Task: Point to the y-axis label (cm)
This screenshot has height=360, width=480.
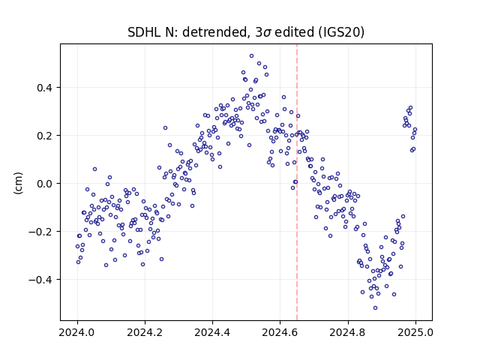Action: (x=18, y=183)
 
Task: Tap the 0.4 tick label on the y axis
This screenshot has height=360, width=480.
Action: (x=45, y=88)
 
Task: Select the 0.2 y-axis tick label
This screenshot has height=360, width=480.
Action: (x=45, y=136)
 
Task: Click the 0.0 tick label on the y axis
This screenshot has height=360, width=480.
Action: (x=45, y=184)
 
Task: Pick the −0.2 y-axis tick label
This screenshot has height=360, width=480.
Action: (x=40, y=232)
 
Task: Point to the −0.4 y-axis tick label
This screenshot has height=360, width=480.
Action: (x=40, y=280)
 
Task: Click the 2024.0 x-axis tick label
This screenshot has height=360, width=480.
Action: (x=77, y=332)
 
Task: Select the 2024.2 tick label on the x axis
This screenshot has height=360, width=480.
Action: (x=145, y=332)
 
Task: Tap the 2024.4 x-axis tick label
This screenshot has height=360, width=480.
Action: (x=212, y=332)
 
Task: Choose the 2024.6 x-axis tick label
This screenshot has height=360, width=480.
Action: (x=280, y=332)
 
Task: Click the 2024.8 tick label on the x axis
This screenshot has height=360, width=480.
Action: (x=348, y=332)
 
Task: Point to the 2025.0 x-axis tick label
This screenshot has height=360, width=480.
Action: (x=415, y=332)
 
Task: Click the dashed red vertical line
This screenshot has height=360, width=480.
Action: (x=297, y=182)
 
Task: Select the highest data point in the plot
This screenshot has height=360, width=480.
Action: (x=252, y=56)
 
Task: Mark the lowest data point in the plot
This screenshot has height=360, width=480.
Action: (x=375, y=307)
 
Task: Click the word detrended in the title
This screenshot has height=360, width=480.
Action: (x=214, y=32)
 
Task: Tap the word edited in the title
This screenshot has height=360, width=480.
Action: (x=294, y=32)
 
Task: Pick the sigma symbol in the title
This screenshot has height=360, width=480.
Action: (x=267, y=33)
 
